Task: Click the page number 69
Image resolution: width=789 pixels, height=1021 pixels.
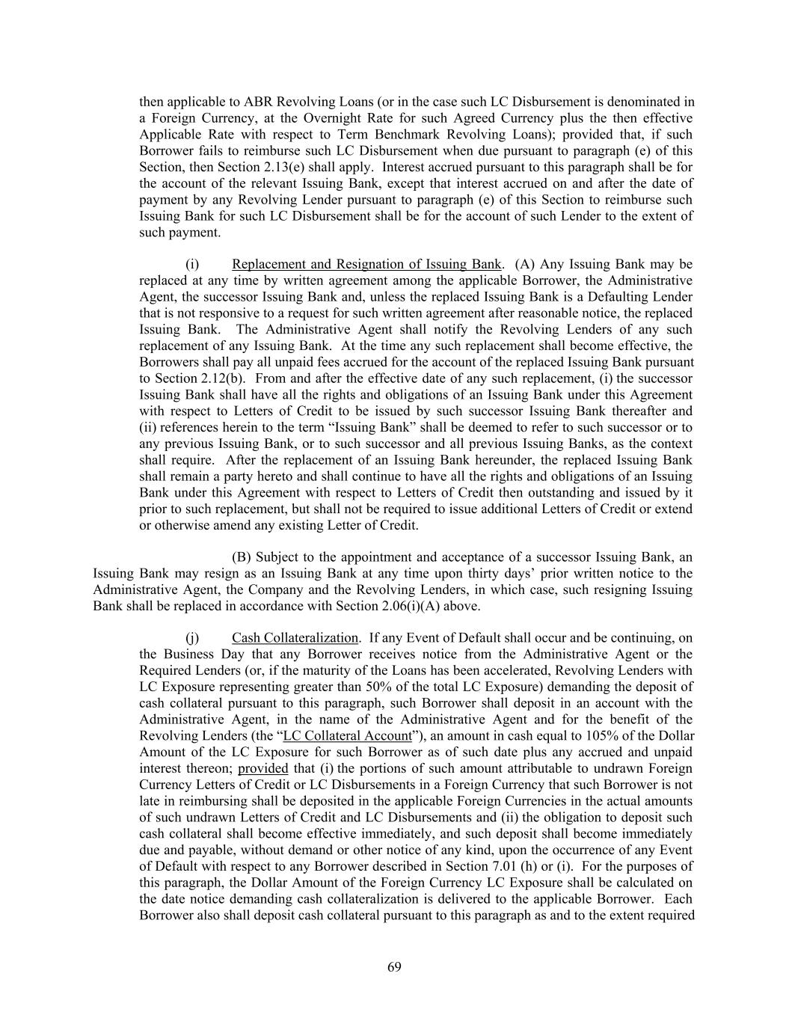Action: [394, 967]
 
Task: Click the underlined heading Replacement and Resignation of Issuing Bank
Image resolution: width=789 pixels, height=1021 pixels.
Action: [366, 264]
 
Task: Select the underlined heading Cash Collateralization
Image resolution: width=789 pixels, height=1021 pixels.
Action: [295, 638]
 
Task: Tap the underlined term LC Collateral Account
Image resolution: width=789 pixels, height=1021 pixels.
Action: [348, 736]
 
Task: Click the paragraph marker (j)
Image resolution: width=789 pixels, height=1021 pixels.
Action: [192, 638]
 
